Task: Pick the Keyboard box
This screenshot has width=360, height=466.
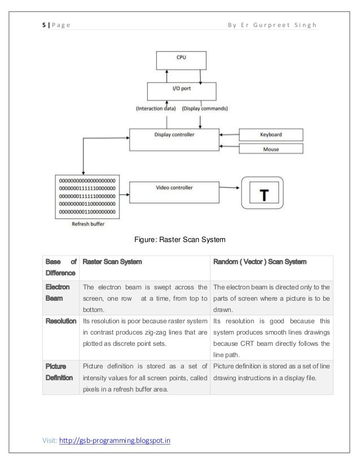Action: (270, 135)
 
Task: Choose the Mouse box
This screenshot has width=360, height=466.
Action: (270, 150)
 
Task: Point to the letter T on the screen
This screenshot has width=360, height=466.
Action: (262, 195)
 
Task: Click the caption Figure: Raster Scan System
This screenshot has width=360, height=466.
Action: (179, 240)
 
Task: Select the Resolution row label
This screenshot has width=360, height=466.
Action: (61, 320)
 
